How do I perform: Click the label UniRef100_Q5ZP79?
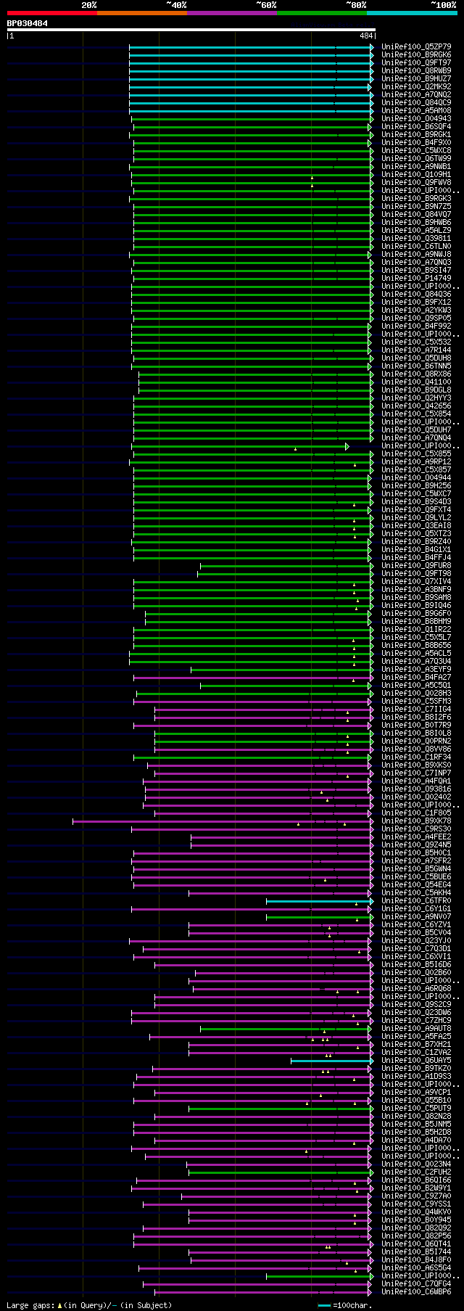[x=416, y=46]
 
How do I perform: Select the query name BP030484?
[x=28, y=23]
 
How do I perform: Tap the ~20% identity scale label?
[x=88, y=5]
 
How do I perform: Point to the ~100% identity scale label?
[x=443, y=5]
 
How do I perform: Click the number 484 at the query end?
[x=366, y=35]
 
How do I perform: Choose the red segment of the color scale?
[x=51, y=13]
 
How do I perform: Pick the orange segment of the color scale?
[x=141, y=13]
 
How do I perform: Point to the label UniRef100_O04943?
[x=416, y=118]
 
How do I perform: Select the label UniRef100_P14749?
[x=416, y=278]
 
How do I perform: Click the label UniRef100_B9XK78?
[x=416, y=821]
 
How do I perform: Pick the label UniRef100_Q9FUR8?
[x=416, y=565]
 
